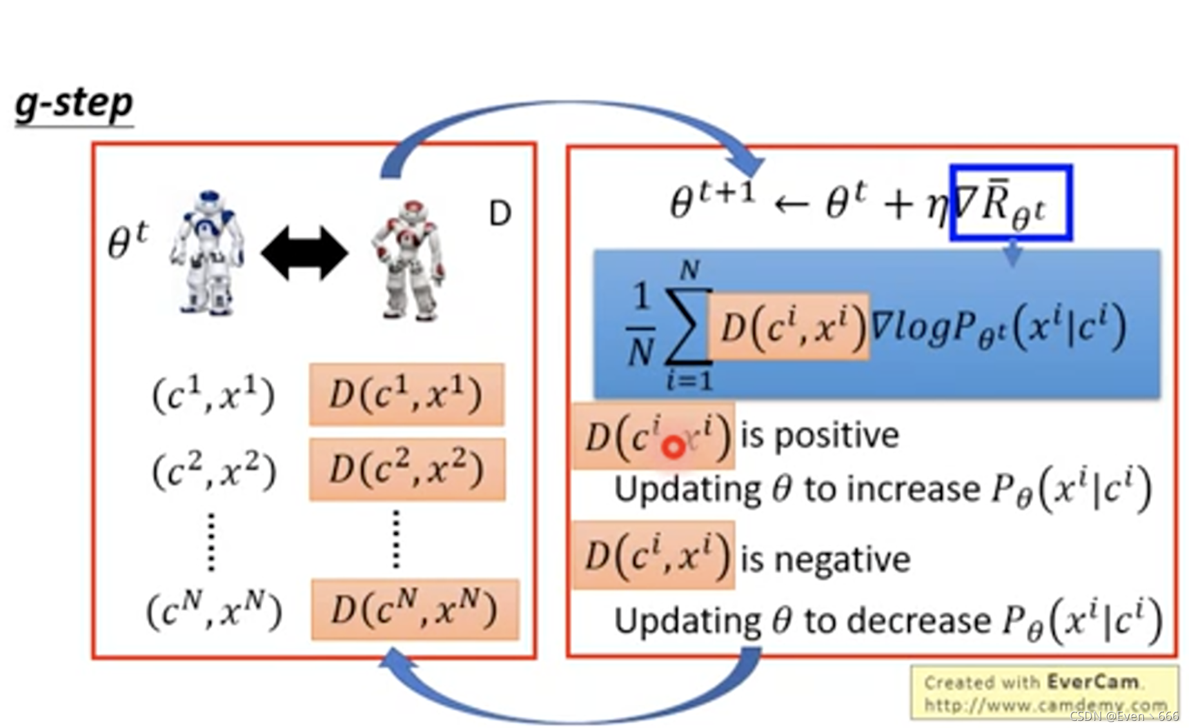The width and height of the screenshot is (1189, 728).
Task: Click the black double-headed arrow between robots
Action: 304,253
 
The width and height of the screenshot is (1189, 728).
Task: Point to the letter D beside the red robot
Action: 500,214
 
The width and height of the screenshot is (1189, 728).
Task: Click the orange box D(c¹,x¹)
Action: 406,394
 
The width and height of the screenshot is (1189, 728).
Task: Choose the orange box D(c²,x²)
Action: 407,469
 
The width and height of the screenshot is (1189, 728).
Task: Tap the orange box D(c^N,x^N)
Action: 415,609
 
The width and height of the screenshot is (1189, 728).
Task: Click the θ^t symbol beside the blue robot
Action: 128,242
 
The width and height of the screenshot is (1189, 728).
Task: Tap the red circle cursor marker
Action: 674,447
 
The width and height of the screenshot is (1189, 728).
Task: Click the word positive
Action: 836,436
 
